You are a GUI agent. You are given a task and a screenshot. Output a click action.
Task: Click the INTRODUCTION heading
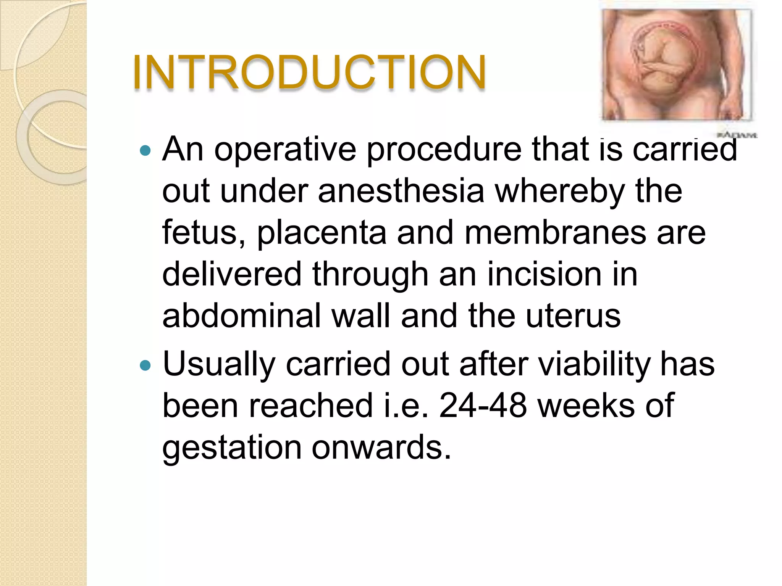[x=309, y=72]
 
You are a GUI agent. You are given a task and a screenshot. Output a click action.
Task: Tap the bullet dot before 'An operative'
[x=145, y=151]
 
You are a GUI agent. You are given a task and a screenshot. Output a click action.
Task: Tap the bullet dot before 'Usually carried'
[x=145, y=366]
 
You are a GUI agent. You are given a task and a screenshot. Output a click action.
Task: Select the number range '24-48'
[x=483, y=406]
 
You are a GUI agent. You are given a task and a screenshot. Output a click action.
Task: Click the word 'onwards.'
[x=381, y=448]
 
